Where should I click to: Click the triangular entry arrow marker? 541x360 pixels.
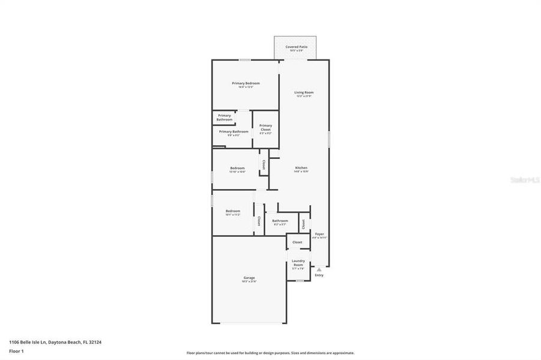[x=319, y=270]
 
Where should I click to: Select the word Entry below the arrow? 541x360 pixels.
[x=319, y=275]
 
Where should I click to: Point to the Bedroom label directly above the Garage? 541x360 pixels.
[x=233, y=212]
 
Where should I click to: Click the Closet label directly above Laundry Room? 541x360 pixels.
[x=298, y=242]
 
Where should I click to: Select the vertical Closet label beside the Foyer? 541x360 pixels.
[x=304, y=223]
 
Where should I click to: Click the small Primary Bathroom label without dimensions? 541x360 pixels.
[x=225, y=118]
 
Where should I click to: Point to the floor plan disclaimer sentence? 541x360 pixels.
[x=270, y=353]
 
